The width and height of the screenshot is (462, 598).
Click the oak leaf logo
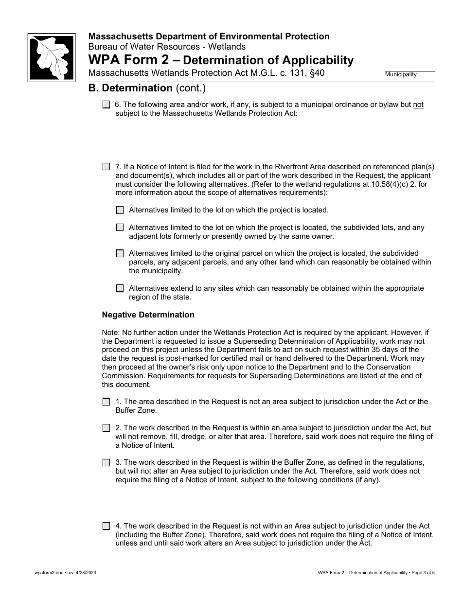coord(52,57)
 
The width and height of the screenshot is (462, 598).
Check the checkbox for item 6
coord(106,105)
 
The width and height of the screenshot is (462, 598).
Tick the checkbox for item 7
coord(106,167)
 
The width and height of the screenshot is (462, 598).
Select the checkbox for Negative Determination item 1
coord(106,402)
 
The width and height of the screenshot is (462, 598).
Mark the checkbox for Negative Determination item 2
coord(106,428)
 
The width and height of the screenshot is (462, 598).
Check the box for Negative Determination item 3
coord(106,463)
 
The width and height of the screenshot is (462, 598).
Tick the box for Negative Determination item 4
coord(106,526)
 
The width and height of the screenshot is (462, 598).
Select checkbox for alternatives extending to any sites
coord(120,288)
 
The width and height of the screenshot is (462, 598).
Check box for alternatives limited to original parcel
coord(120,253)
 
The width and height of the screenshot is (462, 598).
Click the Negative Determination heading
coord(148,315)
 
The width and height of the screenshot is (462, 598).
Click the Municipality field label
coord(401,74)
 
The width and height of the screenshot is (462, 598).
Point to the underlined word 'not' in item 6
coord(418,105)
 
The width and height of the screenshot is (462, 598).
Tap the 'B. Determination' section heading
coord(130,88)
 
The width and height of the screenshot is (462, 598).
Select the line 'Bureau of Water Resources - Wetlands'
coord(167,47)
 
